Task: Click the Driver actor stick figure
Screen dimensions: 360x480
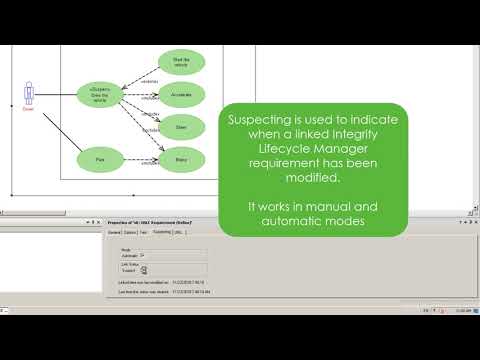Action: click(28, 93)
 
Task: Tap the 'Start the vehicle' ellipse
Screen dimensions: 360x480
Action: click(181, 63)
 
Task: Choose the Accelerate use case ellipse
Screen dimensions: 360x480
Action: click(181, 95)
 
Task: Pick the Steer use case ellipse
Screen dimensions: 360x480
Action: click(181, 126)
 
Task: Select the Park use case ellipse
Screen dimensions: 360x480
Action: click(98, 157)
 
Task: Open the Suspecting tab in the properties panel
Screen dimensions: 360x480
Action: click(161, 231)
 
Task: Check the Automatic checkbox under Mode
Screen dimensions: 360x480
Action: click(143, 255)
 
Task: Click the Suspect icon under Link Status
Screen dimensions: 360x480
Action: click(143, 269)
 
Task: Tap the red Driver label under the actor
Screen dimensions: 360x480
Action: click(28, 110)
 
